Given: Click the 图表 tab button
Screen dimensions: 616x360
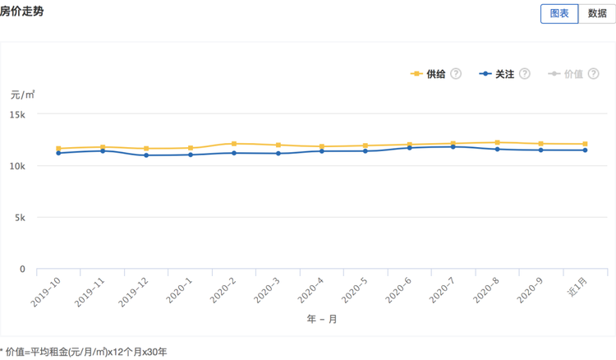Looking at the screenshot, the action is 559,14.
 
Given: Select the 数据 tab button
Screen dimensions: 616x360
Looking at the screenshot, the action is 597,14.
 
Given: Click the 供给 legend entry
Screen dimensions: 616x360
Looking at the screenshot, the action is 428,74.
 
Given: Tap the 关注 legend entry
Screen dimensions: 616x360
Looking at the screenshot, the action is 497,74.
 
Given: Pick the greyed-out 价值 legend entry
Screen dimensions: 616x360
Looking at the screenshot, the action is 565,74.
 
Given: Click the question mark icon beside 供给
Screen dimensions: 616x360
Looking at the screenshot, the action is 456,73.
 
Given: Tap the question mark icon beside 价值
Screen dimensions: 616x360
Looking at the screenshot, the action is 594,73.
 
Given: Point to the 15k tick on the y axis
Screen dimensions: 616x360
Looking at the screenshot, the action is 17,115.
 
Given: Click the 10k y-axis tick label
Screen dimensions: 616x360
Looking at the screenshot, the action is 17,166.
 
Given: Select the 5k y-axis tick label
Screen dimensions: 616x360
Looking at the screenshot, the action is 20,218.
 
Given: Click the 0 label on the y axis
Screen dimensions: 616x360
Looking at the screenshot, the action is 22,270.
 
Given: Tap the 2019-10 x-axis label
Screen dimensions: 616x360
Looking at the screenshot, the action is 45,292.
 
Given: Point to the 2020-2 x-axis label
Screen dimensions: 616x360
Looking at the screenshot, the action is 223,290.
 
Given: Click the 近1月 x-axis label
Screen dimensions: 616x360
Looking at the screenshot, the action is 577,287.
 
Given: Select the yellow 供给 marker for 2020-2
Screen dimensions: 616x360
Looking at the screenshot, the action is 234,144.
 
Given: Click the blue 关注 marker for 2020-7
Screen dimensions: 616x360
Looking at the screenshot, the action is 453,147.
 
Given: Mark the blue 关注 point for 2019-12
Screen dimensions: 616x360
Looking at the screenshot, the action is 146,155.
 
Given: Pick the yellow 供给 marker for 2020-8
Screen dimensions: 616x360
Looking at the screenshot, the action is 498,143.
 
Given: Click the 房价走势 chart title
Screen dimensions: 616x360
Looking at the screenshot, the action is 21,12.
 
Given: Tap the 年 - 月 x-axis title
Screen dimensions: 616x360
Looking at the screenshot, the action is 322,319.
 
